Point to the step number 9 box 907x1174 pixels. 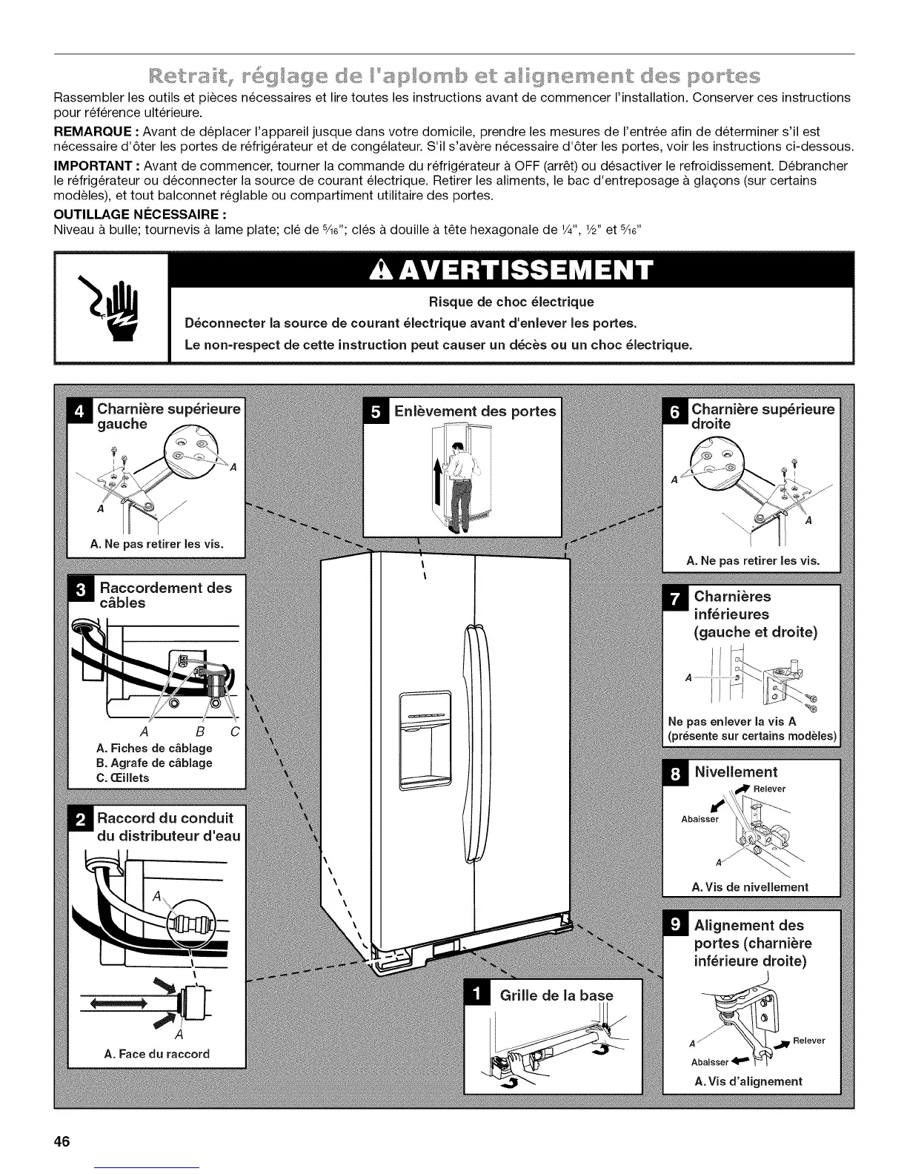tap(675, 925)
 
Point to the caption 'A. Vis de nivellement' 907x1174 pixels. tap(749, 886)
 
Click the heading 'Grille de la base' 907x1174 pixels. tap(557, 995)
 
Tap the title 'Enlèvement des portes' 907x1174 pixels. tap(474, 411)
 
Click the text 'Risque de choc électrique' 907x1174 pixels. tap(512, 302)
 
